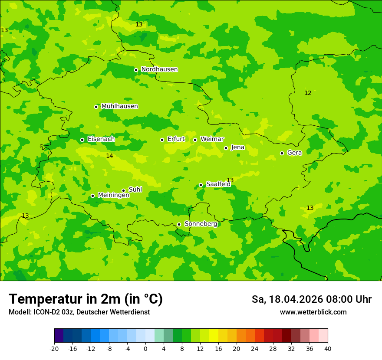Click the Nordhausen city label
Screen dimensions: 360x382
(159, 69)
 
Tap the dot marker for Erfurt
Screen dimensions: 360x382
(162, 140)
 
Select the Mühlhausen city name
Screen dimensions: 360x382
(119, 106)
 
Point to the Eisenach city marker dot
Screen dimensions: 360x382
(82, 140)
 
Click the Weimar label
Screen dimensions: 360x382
(212, 139)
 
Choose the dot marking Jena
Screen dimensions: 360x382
(226, 148)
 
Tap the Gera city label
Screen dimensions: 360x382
(294, 153)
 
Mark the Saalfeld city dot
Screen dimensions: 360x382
(201, 185)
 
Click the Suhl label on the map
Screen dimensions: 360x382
(135, 190)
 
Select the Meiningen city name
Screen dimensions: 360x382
(113, 195)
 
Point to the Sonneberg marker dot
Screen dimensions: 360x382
(179, 224)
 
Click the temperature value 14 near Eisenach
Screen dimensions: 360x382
(109, 156)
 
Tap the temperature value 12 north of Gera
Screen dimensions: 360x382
(308, 93)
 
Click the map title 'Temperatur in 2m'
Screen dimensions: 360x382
(86, 299)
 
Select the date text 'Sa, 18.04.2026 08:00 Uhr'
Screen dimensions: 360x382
(311, 299)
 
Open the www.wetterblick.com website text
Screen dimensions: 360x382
(313, 312)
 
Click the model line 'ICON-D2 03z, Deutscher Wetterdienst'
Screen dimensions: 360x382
(79, 312)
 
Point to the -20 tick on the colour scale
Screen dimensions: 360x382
(54, 349)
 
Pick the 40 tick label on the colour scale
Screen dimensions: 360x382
(328, 349)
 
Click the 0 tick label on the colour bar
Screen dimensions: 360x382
(145, 349)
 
